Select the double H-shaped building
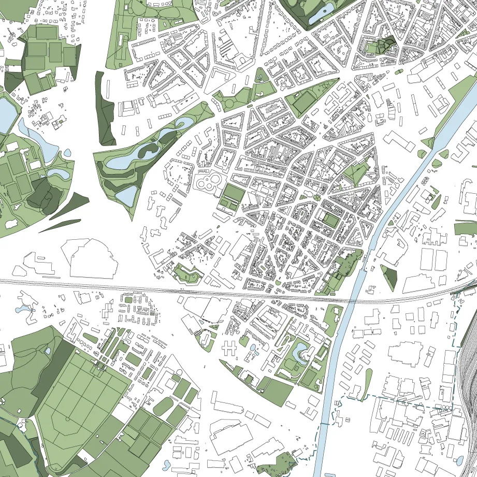234,344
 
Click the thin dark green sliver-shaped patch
60,226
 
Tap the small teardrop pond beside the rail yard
459,459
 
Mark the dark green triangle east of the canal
389,277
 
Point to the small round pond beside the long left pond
67,153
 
